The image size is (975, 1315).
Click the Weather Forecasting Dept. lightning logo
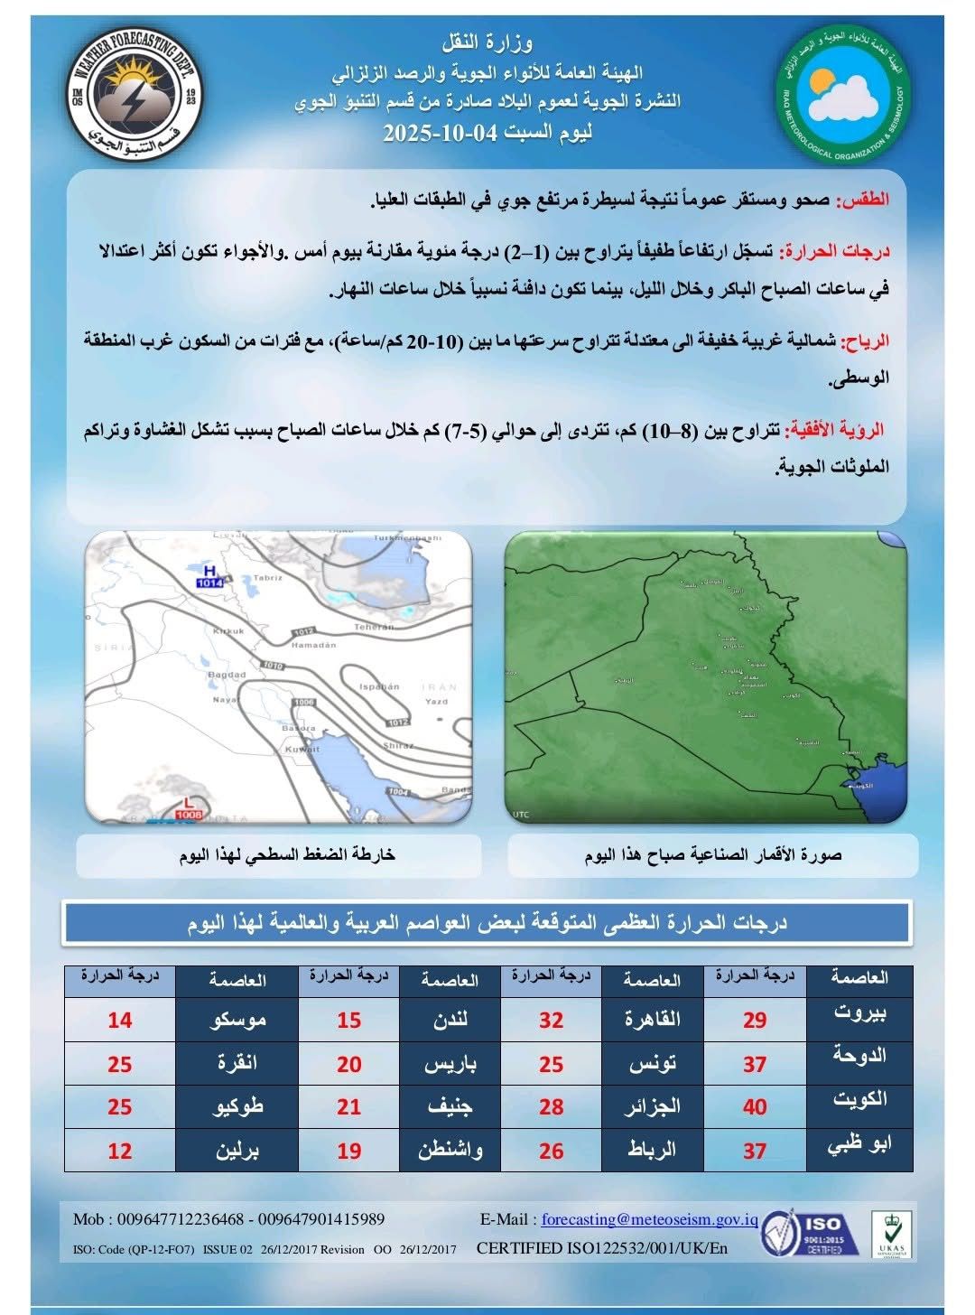tap(136, 89)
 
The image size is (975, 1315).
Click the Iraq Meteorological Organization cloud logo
tap(843, 94)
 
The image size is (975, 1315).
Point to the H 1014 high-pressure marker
tap(209, 578)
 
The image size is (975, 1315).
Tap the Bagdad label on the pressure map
tap(227, 675)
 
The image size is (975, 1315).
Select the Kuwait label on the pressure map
tap(302, 749)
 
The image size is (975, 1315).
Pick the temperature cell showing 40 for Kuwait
tap(755, 1106)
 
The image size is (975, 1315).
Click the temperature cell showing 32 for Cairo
tap(551, 1020)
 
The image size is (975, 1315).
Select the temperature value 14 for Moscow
tap(120, 1020)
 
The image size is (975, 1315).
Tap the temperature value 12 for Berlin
tap(120, 1152)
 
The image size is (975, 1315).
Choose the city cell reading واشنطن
tap(450, 1150)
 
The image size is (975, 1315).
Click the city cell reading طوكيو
tap(237, 1105)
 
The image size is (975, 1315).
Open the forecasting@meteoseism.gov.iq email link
tap(649, 1219)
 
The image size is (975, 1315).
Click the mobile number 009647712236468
tap(181, 1219)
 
